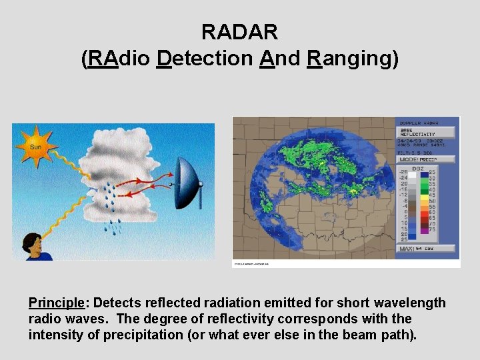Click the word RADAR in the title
(239, 31)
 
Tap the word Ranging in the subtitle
(353, 59)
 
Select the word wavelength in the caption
(409, 303)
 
